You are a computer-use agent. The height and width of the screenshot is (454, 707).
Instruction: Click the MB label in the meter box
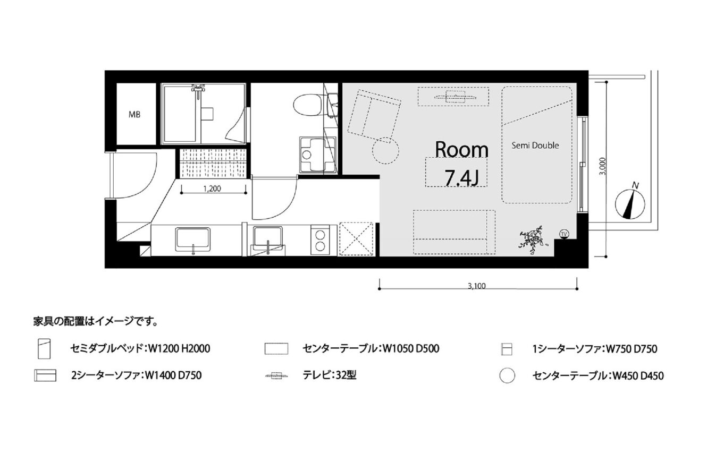(x=134, y=115)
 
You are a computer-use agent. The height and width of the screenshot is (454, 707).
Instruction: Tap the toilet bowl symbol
(x=307, y=105)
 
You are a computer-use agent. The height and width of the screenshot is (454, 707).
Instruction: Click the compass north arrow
(x=630, y=204)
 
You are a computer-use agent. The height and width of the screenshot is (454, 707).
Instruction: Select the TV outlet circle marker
(x=563, y=234)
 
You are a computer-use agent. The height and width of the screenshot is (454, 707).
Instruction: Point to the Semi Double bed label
(x=535, y=145)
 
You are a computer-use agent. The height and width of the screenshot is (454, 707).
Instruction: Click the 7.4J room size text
(x=461, y=177)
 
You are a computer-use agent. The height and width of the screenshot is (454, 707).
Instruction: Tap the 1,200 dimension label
(x=212, y=189)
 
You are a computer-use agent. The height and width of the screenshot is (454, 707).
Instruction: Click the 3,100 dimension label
(x=477, y=286)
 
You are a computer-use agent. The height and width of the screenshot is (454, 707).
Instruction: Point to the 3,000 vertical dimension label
(x=602, y=166)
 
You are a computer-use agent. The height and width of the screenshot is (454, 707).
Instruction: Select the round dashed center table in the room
(x=385, y=151)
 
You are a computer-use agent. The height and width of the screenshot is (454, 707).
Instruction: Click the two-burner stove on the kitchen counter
(x=320, y=239)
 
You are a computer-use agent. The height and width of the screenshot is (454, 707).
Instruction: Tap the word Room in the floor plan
(x=461, y=150)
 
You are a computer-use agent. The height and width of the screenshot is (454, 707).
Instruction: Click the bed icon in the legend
(x=44, y=349)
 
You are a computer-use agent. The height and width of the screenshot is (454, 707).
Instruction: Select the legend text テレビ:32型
(x=330, y=375)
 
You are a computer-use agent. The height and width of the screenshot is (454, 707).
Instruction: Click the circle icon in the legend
(x=507, y=375)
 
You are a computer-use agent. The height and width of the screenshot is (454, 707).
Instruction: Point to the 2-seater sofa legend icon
(x=45, y=375)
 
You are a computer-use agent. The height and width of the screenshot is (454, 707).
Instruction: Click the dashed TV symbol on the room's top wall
(x=454, y=97)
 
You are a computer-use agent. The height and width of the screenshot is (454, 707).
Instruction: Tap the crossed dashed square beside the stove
(x=356, y=239)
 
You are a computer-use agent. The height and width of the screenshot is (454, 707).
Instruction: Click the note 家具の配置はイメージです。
(x=95, y=322)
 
